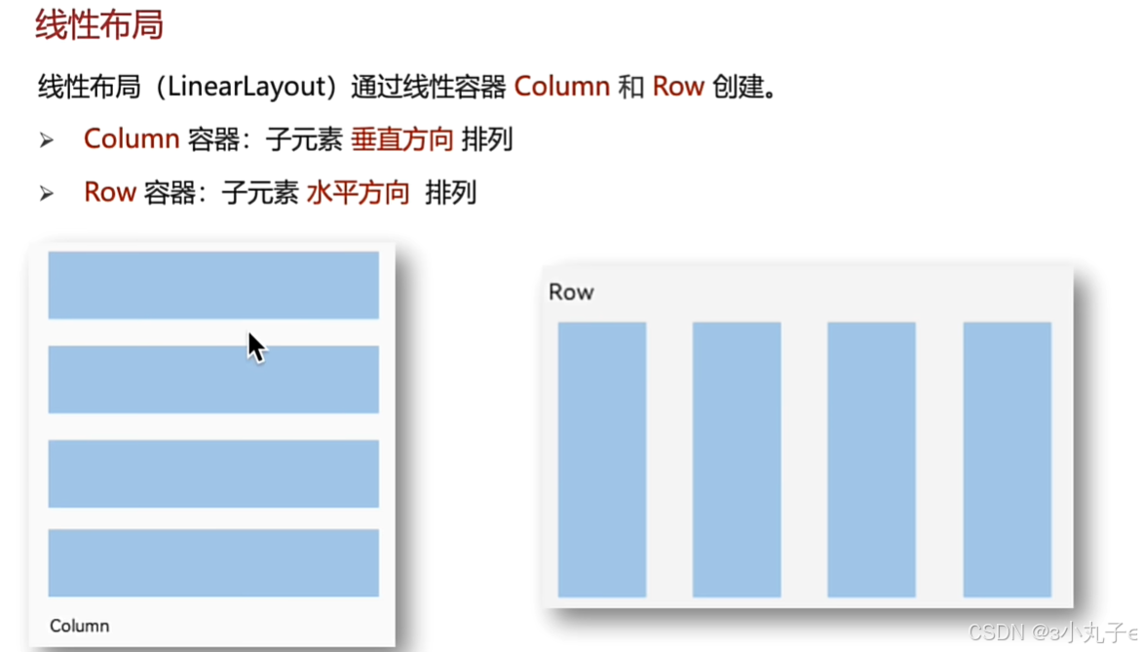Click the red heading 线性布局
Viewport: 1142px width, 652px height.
pos(98,24)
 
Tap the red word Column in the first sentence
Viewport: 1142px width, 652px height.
pos(561,87)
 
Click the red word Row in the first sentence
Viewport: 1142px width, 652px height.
pos(678,87)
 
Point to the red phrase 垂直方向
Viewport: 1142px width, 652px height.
pos(401,139)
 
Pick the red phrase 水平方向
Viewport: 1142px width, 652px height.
pos(358,192)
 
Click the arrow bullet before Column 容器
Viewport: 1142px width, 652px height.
pos(47,140)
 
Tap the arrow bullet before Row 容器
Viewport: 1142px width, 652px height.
pos(47,193)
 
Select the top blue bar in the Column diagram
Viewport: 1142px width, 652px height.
pos(213,285)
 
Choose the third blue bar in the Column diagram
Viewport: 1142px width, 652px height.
pos(213,474)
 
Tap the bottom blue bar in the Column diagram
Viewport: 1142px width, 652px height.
pos(213,562)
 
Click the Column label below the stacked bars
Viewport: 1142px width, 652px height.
pos(80,626)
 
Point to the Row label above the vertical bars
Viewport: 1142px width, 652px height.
pos(571,292)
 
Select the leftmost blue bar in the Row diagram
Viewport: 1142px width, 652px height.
pos(601,459)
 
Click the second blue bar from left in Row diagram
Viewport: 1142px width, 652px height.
pos(736,459)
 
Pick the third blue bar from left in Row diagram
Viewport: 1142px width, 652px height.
pos(871,459)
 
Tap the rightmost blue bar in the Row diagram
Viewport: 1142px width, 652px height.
pos(1007,459)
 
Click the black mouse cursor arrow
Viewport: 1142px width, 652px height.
pos(256,347)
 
